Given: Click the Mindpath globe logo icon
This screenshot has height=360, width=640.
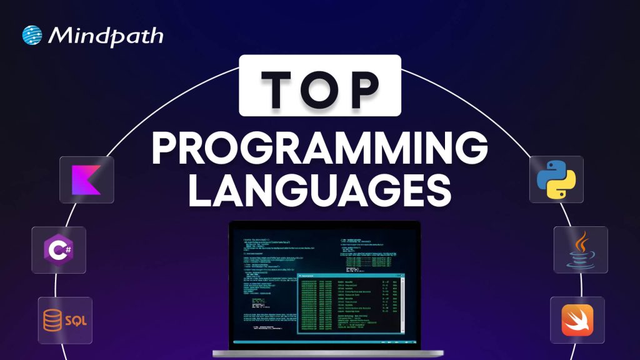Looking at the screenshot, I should pos(32,35).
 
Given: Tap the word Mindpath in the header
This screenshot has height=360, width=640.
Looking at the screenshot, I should pos(105,35).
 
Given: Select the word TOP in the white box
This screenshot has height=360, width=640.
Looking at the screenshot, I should pos(319,85).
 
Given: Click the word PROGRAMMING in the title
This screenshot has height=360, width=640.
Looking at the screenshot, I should pos(319,149).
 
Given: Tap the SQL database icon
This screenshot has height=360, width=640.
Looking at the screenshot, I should pos(65,320).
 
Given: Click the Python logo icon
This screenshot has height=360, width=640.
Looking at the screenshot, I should pos(556,179).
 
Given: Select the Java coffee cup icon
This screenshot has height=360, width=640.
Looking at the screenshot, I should pos(580,249).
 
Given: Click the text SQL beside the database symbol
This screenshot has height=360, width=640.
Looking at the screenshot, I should pos(76,321).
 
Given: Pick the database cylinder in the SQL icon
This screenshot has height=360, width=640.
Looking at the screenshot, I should pos(53,320).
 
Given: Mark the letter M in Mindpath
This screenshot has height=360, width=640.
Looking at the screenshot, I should pos(60,35).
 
